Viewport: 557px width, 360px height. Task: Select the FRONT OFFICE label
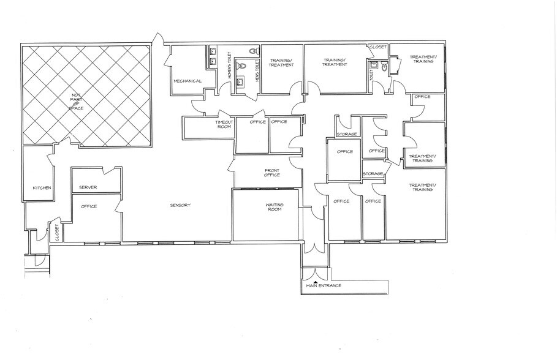pyautogui.click(x=272, y=173)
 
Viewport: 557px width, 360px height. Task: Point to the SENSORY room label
pyautogui.click(x=181, y=204)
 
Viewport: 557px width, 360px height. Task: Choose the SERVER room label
pyautogui.click(x=88, y=187)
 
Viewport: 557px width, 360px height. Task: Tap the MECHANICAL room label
pyautogui.click(x=188, y=81)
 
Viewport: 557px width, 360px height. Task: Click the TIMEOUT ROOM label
pyautogui.click(x=224, y=125)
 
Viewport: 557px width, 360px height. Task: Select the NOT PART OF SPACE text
pyautogui.click(x=77, y=102)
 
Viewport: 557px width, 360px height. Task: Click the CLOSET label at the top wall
pyautogui.click(x=377, y=47)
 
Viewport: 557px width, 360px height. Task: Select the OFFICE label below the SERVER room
pyautogui.click(x=89, y=206)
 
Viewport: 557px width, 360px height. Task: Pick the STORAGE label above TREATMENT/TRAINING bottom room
pyautogui.click(x=373, y=174)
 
